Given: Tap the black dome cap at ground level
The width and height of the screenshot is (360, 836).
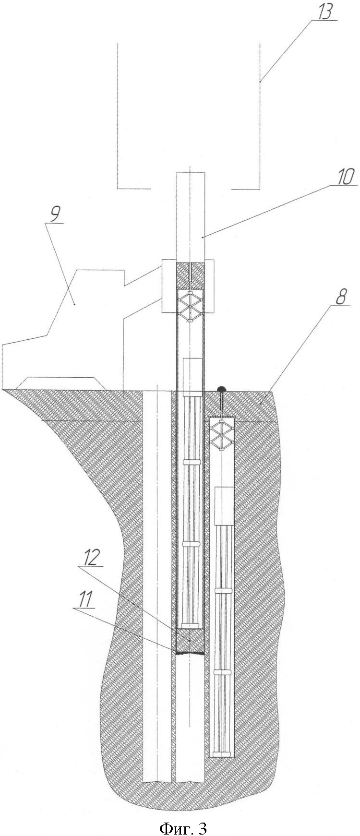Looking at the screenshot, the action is pos(221,389).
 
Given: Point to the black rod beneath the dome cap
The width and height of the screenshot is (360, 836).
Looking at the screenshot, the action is pos(222,403).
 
